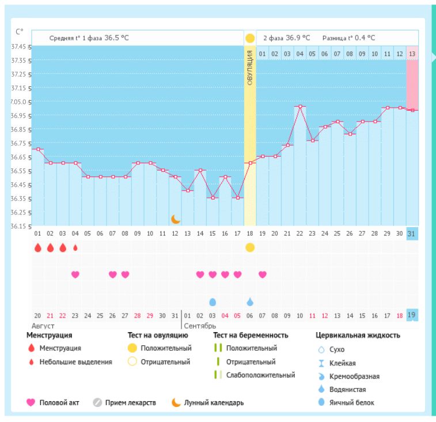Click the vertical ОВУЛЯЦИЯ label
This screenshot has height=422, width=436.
click(x=250, y=67)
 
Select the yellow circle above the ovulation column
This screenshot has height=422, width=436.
click(x=250, y=38)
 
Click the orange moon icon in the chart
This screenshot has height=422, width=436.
click(x=176, y=219)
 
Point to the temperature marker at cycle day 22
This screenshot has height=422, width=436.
click(x=300, y=107)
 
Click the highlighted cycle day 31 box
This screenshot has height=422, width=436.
click(x=412, y=233)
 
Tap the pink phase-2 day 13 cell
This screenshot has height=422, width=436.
click(x=412, y=54)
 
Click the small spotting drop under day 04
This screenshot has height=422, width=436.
click(x=75, y=247)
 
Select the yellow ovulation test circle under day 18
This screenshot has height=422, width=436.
click(x=250, y=247)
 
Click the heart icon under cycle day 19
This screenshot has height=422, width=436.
click(x=263, y=274)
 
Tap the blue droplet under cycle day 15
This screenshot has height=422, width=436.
click(x=213, y=302)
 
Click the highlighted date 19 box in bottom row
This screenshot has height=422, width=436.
click(x=412, y=315)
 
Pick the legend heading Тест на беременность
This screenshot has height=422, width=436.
click(x=251, y=335)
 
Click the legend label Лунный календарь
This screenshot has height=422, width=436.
click(x=214, y=402)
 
